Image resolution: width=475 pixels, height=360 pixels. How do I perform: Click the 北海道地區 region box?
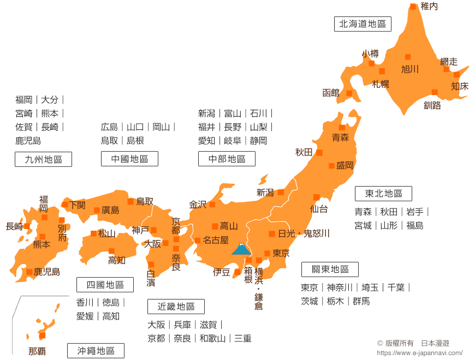pyautogui.click(x=363, y=24)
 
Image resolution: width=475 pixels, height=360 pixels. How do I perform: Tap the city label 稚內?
pyautogui.click(x=429, y=7)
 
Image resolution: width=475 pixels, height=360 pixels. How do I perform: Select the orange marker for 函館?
pyautogui.click(x=349, y=93)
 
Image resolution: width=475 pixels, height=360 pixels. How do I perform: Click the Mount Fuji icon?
pyautogui.click(x=241, y=249)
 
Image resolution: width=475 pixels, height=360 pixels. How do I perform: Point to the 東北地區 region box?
pyautogui.click(x=383, y=194)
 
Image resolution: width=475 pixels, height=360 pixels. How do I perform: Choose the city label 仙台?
pyautogui.click(x=319, y=208)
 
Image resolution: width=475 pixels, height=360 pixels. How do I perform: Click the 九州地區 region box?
pyautogui.click(x=43, y=159)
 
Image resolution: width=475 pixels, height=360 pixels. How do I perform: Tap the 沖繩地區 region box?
pyautogui.click(x=96, y=351)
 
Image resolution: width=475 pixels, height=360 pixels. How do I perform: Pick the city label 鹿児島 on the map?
pyautogui.click(x=47, y=272)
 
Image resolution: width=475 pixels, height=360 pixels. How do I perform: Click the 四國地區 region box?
pyautogui.click(x=105, y=285)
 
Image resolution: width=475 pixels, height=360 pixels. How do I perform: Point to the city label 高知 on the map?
pyautogui.click(x=117, y=260)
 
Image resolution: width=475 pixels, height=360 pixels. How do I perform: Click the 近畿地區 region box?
pyautogui.click(x=176, y=307)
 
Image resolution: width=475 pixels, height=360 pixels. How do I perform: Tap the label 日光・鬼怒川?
pyautogui.click(x=304, y=233)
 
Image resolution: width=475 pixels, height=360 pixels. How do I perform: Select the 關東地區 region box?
pyautogui.click(x=330, y=269)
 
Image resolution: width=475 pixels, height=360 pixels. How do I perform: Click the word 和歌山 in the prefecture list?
pyautogui.click(x=212, y=339)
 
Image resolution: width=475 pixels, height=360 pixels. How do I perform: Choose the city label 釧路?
pyautogui.click(x=432, y=105)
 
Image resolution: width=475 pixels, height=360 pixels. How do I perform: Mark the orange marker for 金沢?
pyautogui.click(x=212, y=205)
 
